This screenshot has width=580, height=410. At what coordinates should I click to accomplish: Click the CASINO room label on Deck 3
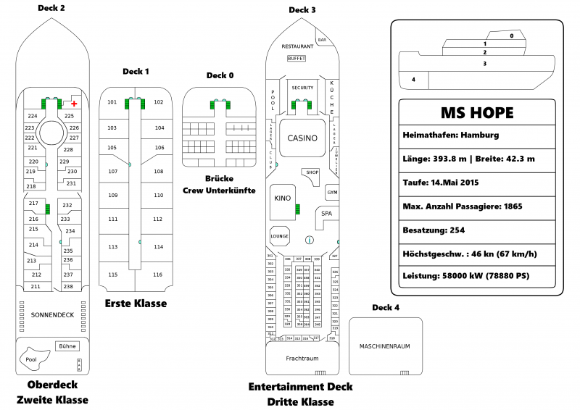(x=302, y=138)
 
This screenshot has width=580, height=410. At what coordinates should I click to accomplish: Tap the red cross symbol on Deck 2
(x=74, y=104)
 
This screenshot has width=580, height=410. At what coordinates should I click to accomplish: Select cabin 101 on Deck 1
(x=112, y=102)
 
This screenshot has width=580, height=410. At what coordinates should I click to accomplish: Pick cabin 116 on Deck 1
(x=158, y=275)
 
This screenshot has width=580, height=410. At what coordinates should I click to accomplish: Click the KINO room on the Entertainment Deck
(x=283, y=198)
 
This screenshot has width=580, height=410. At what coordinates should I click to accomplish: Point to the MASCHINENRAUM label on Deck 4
(x=384, y=346)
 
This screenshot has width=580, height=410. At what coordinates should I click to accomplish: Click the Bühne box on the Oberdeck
(x=67, y=346)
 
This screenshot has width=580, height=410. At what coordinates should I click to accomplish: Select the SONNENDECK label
(x=52, y=315)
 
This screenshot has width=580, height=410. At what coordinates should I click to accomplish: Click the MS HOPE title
(x=477, y=113)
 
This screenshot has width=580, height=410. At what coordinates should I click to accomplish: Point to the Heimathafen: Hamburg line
(x=449, y=135)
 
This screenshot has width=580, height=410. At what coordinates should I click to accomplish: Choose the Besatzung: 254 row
(x=434, y=230)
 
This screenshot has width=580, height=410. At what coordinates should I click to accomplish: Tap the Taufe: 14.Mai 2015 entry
(x=440, y=183)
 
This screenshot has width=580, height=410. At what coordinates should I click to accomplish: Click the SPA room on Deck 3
(x=327, y=214)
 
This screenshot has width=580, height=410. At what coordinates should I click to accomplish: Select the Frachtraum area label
(x=302, y=358)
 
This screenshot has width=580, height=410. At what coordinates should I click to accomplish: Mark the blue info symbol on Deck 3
(x=310, y=240)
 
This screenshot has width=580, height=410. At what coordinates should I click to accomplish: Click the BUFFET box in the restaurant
(x=297, y=58)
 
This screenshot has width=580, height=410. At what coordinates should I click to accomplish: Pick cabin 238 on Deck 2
(x=68, y=287)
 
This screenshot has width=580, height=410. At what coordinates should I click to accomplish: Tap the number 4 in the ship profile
(x=413, y=79)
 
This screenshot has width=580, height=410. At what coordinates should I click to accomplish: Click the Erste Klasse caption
(x=136, y=304)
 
